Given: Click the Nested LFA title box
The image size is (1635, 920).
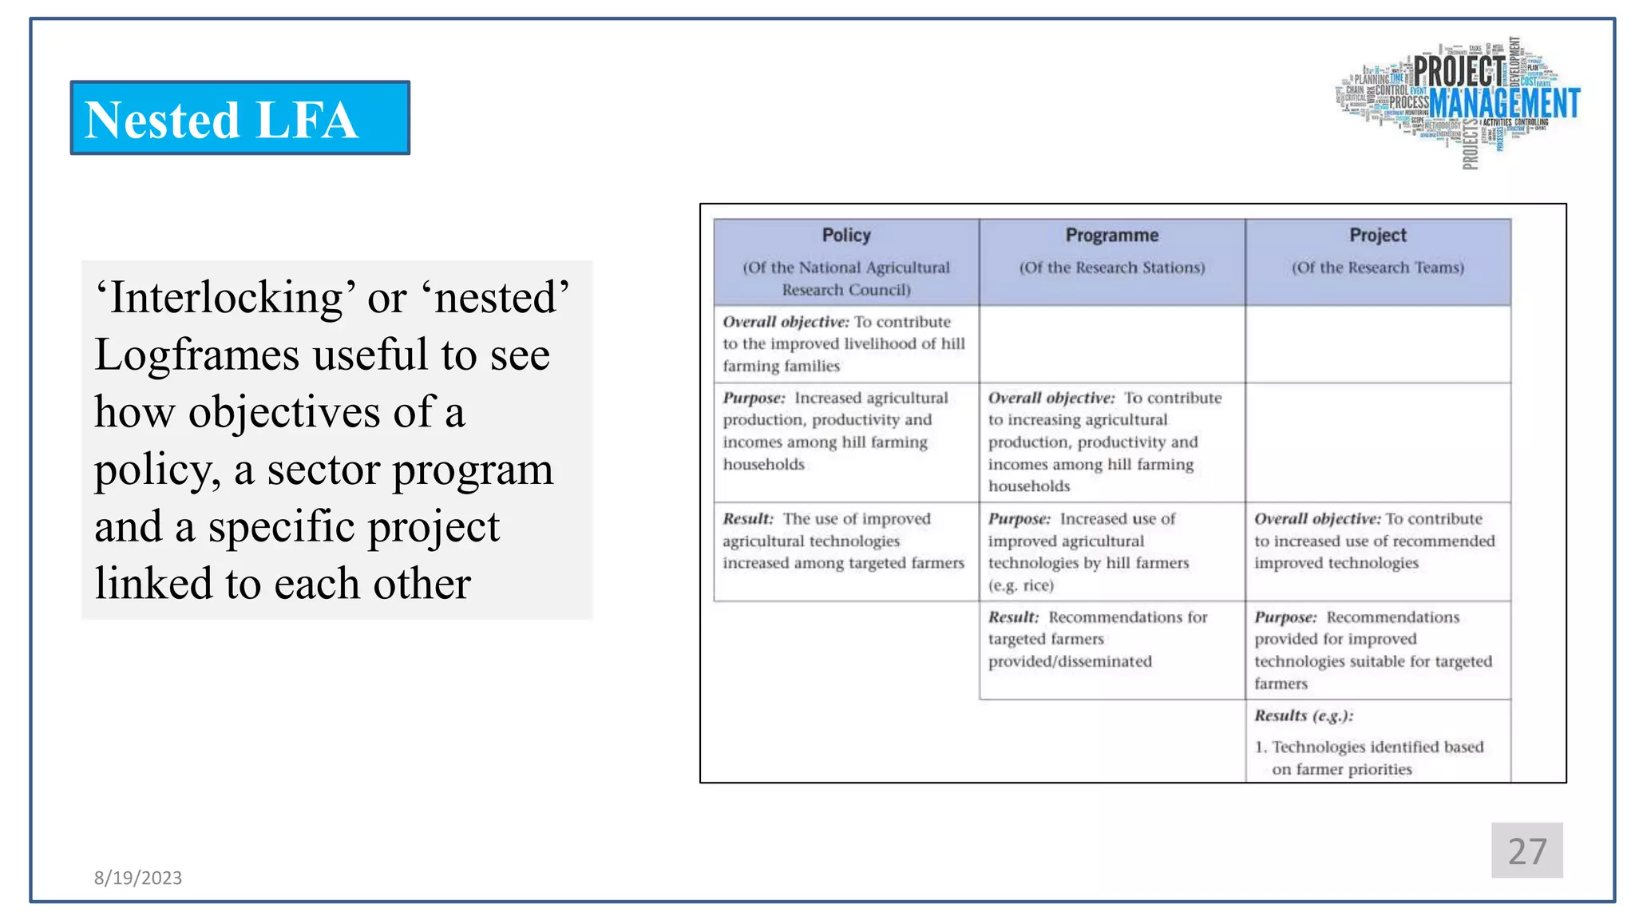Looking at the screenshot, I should click(x=240, y=118).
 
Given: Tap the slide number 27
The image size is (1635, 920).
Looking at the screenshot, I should click(x=1526, y=851).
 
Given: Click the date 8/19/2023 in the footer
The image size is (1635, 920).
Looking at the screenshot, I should click(x=138, y=878).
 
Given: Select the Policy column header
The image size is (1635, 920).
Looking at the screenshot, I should click(x=846, y=236).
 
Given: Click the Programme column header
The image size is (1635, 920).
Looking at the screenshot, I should click(x=1111, y=236).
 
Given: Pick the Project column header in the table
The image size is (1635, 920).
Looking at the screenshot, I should click(x=1378, y=236).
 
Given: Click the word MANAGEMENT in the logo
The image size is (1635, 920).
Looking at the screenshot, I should click(x=1504, y=104).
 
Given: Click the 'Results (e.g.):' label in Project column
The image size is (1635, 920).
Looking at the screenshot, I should click(x=1303, y=716).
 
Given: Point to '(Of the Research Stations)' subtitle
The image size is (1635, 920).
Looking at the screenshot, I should click(x=1111, y=268).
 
